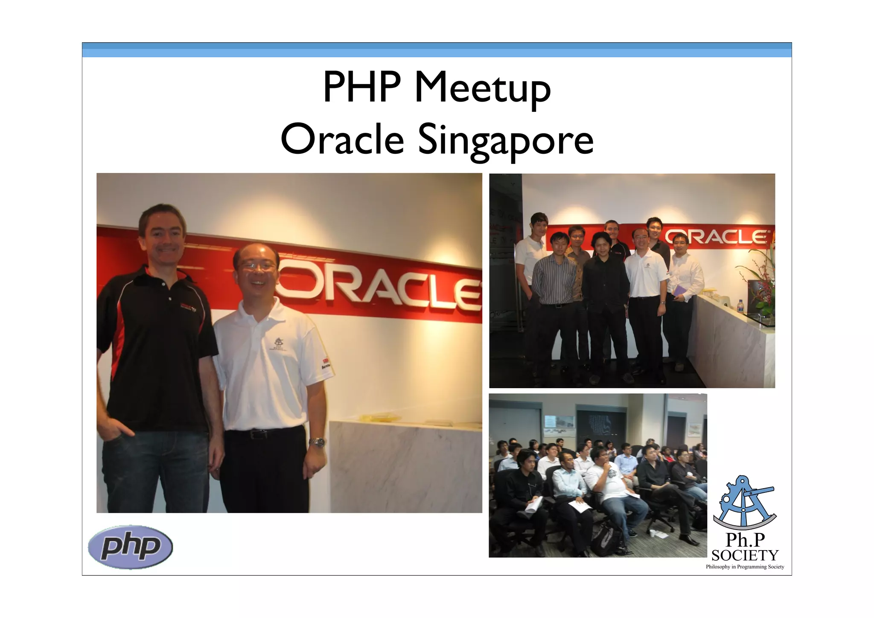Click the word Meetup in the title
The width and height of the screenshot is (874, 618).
tap(482, 89)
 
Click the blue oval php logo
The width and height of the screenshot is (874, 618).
tap(130, 547)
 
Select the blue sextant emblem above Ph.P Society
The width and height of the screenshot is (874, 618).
tap(745, 503)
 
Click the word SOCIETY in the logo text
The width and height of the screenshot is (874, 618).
tap(745, 555)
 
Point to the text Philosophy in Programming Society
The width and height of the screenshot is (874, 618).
tap(745, 567)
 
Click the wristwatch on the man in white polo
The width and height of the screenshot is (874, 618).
tap(317, 442)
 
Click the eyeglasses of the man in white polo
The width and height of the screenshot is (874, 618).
tap(256, 266)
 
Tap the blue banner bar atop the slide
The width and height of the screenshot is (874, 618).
tap(437, 50)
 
